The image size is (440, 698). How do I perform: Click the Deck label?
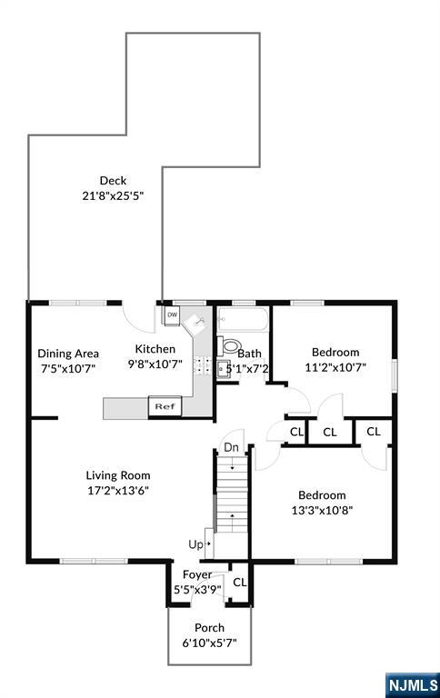click(113, 180)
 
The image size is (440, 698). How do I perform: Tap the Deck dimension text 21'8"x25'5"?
click(113, 196)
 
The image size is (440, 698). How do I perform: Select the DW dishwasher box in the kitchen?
click(172, 314)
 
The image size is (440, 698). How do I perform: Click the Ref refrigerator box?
click(165, 406)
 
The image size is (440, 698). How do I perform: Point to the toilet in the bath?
click(229, 346)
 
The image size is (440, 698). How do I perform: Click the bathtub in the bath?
click(243, 320)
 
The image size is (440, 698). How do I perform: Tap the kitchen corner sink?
click(196, 322)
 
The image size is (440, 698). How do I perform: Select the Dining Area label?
click(68, 354)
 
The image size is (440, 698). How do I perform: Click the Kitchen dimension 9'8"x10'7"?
click(155, 364)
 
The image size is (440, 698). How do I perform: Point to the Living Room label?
click(118, 475)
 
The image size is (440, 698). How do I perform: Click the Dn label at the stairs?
click(231, 447)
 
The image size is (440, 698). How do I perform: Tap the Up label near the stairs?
click(196, 544)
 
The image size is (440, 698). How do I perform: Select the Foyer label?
click(197, 574)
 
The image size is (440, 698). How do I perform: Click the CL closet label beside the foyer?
click(240, 582)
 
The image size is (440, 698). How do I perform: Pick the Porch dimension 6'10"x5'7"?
click(209, 643)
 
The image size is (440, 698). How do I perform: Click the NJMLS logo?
click(413, 684)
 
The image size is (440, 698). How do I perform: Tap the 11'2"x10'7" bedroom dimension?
click(335, 368)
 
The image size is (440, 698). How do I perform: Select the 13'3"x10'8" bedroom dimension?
click(322, 510)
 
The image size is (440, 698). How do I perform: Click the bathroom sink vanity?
click(224, 369)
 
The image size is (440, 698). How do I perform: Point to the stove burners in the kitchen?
click(202, 365)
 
